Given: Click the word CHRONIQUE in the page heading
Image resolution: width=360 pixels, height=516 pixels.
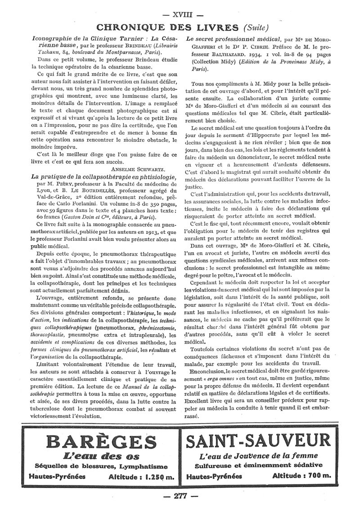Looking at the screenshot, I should (x=132, y=27).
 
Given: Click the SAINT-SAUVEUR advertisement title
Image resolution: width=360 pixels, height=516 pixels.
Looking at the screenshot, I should (x=260, y=439).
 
